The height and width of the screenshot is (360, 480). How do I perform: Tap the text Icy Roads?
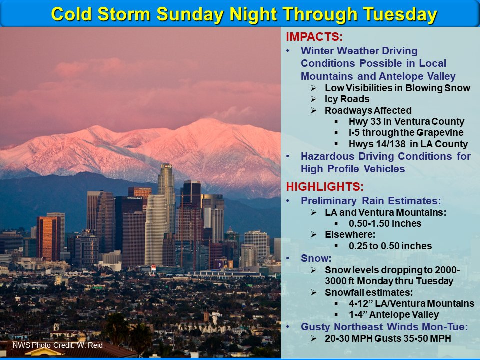click(347, 99)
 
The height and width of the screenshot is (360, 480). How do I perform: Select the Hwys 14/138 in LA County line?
click(408, 144)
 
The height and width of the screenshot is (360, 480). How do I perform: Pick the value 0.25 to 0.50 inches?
click(390, 246)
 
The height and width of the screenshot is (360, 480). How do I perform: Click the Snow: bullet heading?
click(313, 258)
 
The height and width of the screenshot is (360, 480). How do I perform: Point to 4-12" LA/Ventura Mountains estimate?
click(411, 303)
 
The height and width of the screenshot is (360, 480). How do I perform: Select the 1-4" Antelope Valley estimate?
click(393, 315)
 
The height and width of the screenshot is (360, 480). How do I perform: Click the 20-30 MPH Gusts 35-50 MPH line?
click(388, 338)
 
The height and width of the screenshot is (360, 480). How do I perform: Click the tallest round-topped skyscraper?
click(166, 185)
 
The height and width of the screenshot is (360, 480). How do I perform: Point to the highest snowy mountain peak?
click(207, 121)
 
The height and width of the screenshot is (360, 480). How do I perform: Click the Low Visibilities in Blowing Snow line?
click(397, 88)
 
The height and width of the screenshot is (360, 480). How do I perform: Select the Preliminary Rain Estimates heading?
click(371, 201)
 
